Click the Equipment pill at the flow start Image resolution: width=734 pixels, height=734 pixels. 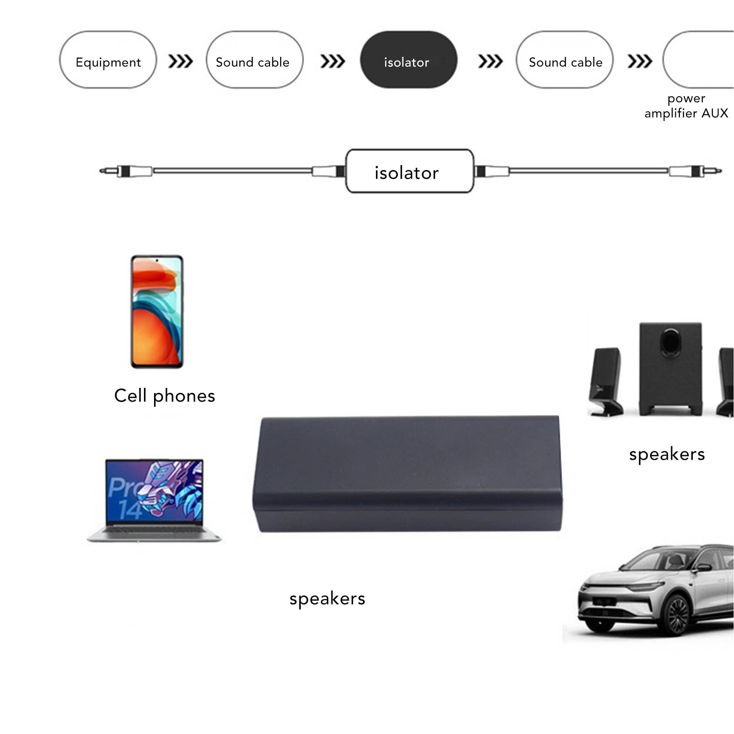108,60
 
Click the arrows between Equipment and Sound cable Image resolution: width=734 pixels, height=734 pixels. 181,61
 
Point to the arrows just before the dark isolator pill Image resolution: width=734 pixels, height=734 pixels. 332,61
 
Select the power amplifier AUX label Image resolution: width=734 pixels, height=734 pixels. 686,106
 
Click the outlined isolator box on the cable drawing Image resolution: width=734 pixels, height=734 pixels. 409,171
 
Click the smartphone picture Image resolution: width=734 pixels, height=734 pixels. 157,312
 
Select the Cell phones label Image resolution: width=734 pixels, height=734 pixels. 165,396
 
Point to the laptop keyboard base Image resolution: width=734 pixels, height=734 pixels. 154,534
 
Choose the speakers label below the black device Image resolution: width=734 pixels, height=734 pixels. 327,598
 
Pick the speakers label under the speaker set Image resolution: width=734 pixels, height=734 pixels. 667,454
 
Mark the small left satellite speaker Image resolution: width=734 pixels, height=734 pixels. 606,381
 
